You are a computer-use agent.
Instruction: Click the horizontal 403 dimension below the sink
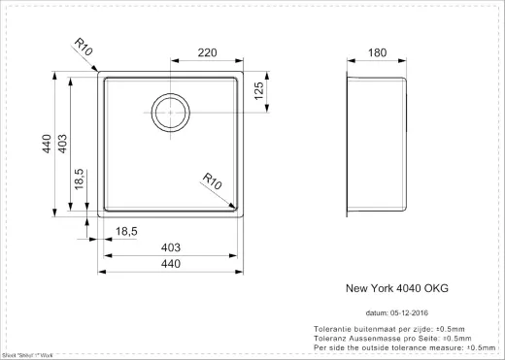169,247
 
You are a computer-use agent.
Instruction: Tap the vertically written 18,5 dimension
79,181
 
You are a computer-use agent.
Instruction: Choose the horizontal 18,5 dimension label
128,231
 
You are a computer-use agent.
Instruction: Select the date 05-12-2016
411,313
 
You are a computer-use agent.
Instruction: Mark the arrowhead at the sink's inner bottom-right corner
235,205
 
